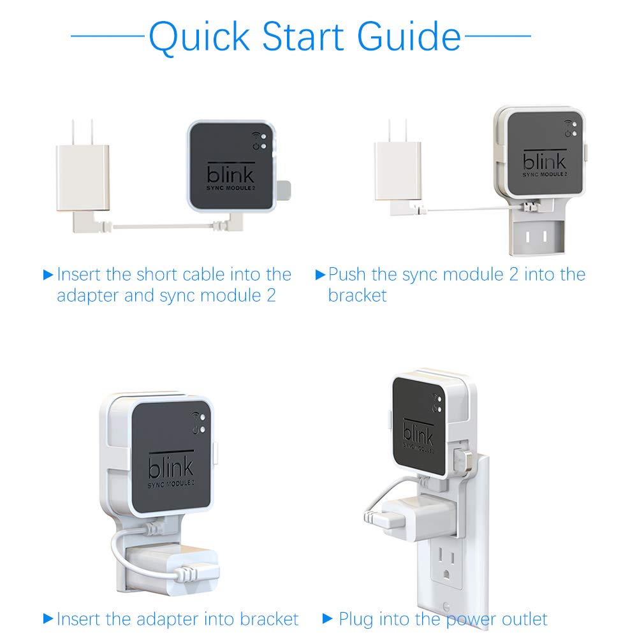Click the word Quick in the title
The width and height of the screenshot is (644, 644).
click(199, 38)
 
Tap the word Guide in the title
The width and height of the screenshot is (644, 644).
click(409, 36)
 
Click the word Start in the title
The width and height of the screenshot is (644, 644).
click(303, 36)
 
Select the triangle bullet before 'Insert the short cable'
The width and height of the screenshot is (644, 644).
click(48, 275)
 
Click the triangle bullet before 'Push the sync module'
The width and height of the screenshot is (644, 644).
click(320, 274)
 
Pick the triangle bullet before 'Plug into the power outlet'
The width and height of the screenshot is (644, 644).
click(327, 618)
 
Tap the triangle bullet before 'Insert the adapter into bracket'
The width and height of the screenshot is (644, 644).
click(48, 618)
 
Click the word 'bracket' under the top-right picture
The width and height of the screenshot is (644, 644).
click(357, 295)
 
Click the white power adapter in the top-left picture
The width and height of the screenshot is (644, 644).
click(83, 177)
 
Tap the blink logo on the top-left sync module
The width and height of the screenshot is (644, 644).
click(230, 175)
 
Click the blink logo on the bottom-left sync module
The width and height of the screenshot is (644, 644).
click(171, 466)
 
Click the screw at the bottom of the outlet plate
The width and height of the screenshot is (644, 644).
click(446, 606)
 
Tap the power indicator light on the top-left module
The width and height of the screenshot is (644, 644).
click(263, 146)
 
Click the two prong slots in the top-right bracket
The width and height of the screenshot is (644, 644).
click(536, 237)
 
